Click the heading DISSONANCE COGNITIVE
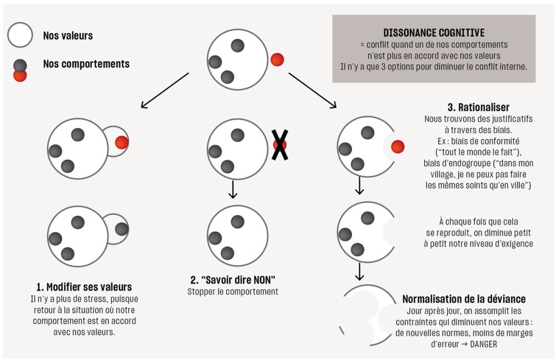(434, 33)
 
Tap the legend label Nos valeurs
(68, 36)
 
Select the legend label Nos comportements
(86, 64)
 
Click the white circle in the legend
(21, 36)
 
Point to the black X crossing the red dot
(280, 145)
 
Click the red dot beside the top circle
(277, 60)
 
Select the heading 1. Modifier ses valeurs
(84, 287)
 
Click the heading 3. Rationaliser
(478, 107)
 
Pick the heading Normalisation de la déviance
(464, 299)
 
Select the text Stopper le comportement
(233, 291)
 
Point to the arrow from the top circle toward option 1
(165, 90)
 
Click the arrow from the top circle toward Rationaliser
(312, 90)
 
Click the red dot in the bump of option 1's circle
(122, 142)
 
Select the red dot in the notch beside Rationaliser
(397, 147)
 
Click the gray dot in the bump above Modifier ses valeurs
(122, 228)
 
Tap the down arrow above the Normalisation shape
(360, 270)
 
